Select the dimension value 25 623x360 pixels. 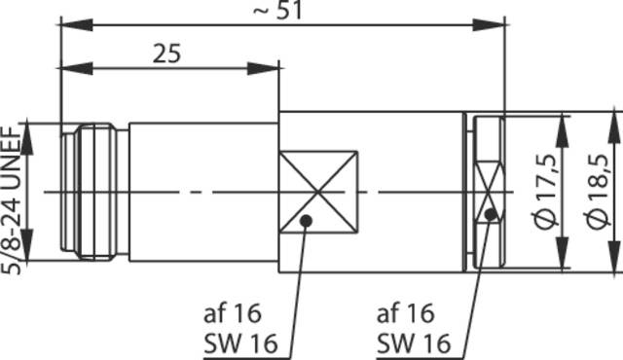pyautogui.click(x=167, y=54)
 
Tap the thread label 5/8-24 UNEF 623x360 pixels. pyautogui.click(x=16, y=191)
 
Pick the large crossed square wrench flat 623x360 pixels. pyautogui.click(x=317, y=192)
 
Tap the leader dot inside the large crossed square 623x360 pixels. pyautogui.click(x=307, y=221)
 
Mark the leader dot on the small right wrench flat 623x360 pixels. pyautogui.click(x=491, y=213)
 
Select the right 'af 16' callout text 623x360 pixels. pyautogui.click(x=404, y=313)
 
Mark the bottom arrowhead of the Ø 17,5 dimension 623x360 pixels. pyautogui.click(x=564, y=261)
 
